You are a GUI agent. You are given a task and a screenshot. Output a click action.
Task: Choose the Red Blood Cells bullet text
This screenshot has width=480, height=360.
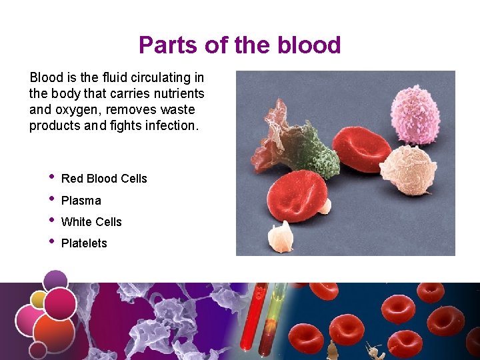coord(104,179)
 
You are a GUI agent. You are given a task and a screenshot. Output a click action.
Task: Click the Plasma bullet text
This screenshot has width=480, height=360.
coord(81,201)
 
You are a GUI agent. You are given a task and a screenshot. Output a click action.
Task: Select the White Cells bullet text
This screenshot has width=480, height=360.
coord(91,222)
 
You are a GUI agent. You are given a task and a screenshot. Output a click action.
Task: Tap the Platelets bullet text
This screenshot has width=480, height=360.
coord(84,243)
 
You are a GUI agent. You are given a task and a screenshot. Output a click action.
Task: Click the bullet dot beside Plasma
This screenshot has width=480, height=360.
coord(51,199)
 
